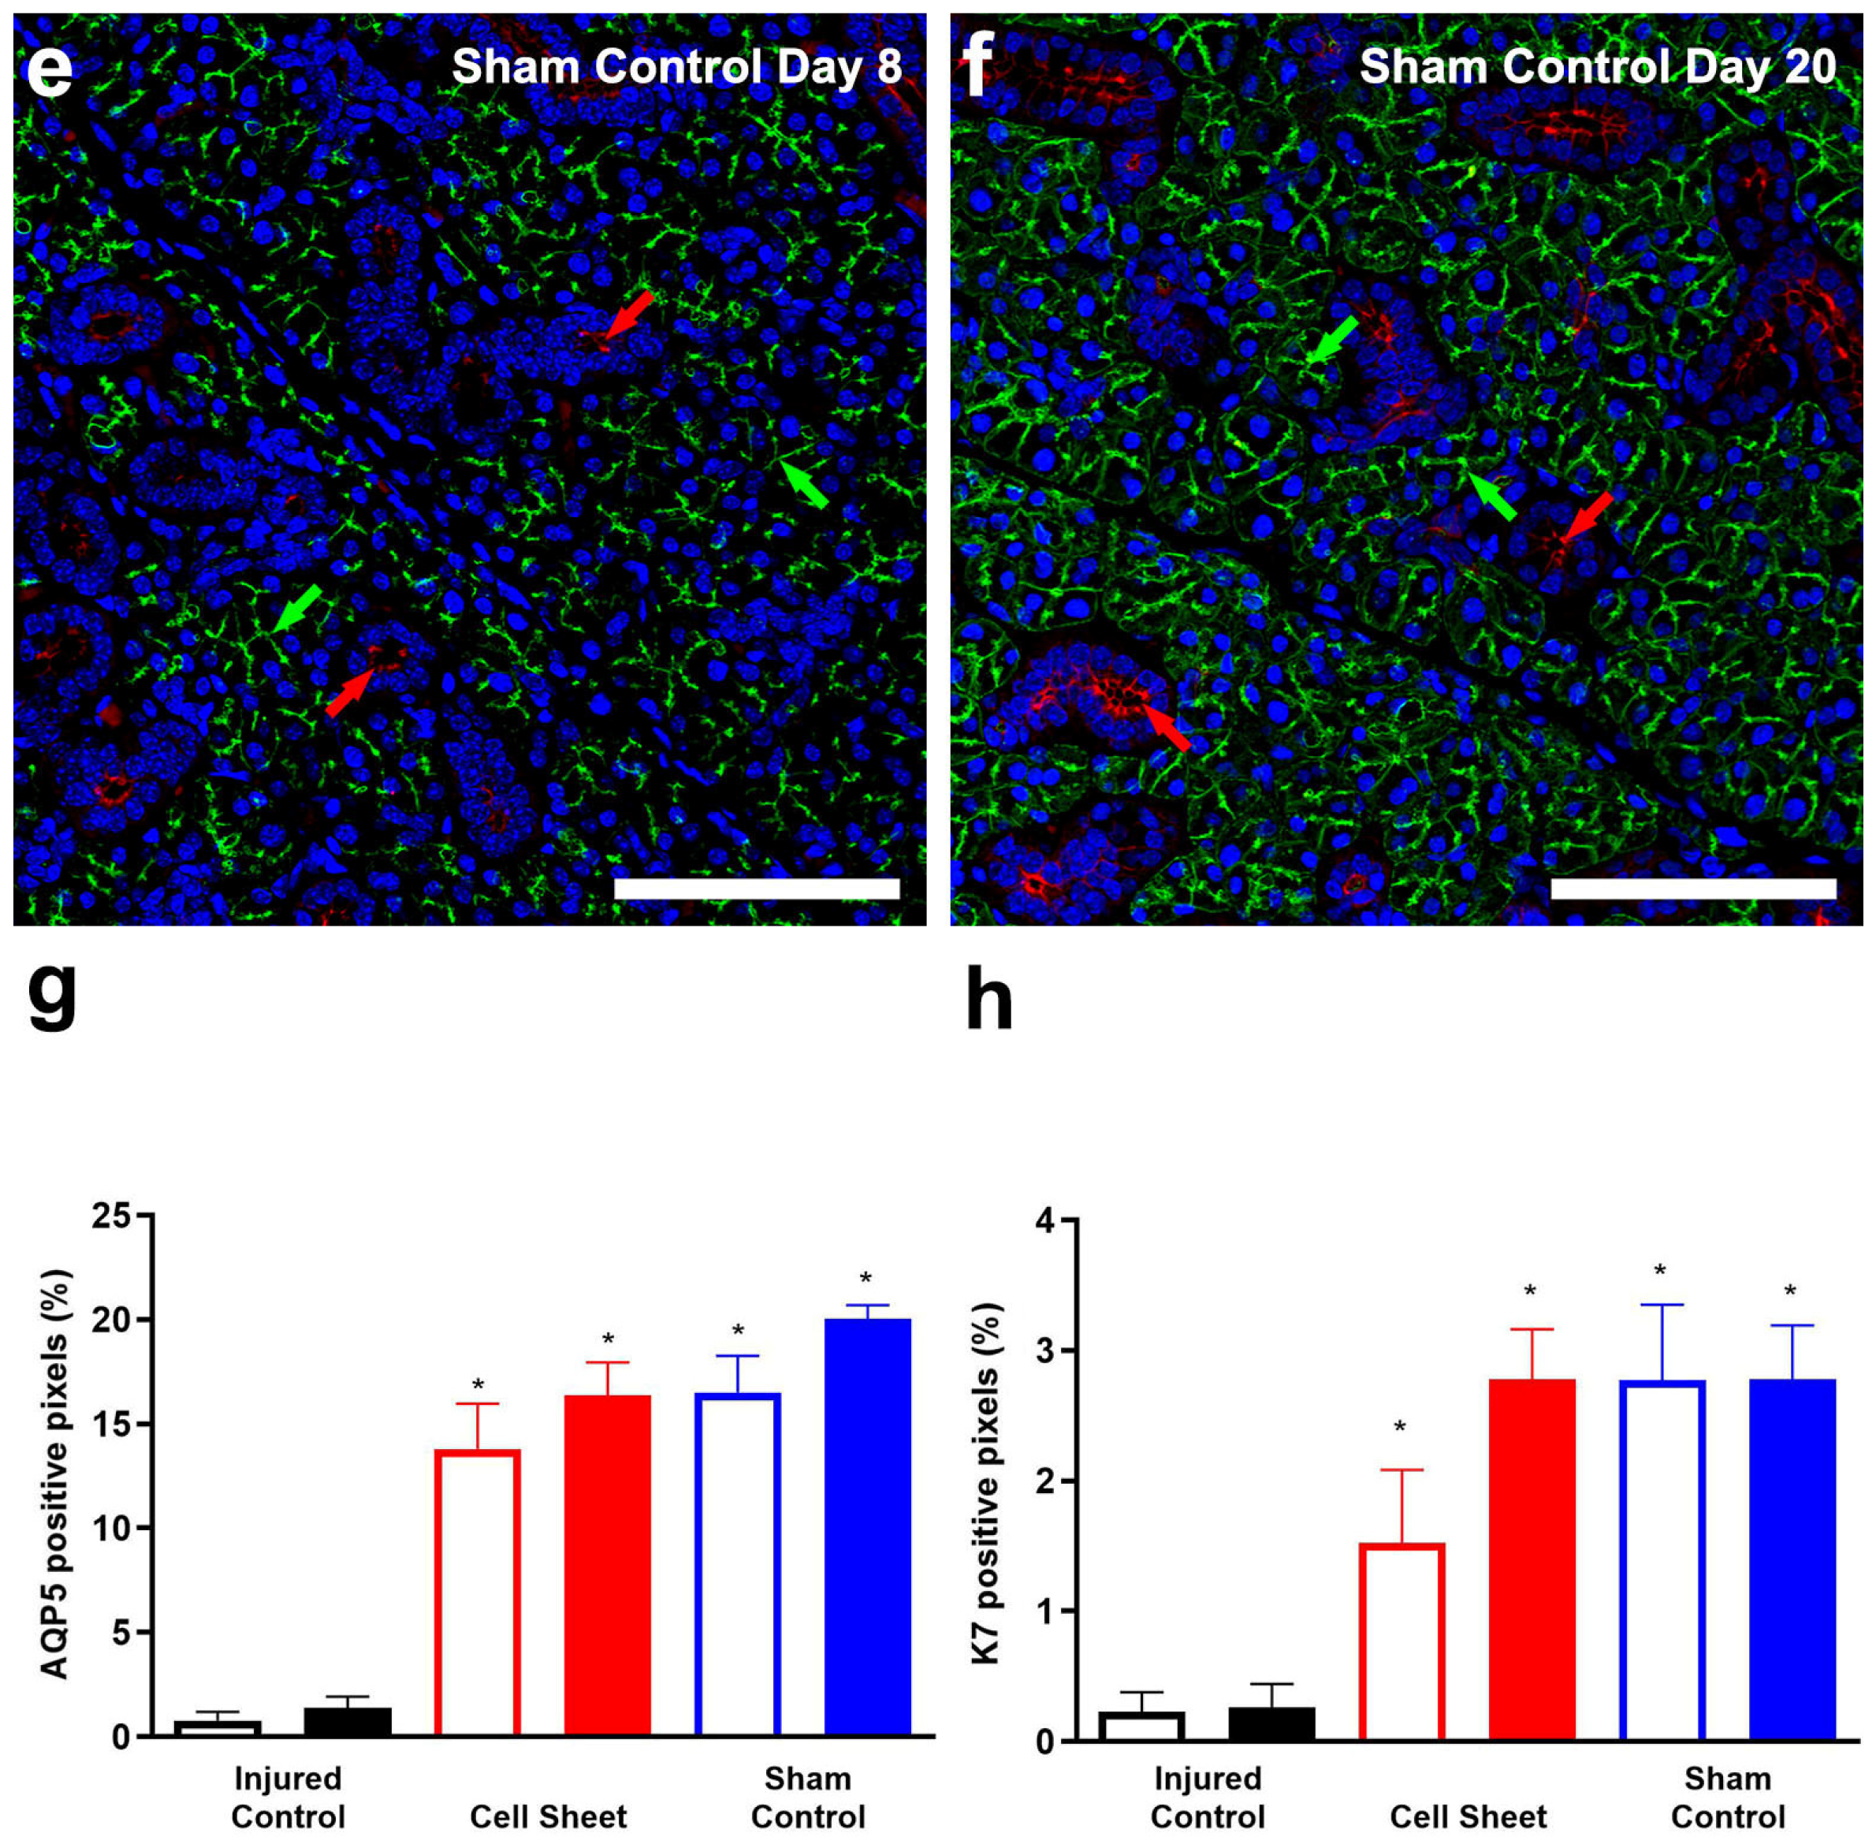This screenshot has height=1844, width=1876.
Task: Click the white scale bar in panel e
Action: pyautogui.click(x=757, y=888)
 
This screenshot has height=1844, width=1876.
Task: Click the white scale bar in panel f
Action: pyautogui.click(x=1693, y=888)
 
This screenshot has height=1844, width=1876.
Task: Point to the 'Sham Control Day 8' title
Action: pyautogui.click(x=676, y=67)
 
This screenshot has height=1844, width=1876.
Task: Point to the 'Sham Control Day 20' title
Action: pyautogui.click(x=1597, y=67)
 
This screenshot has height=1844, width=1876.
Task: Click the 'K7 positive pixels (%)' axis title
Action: pyautogui.click(x=986, y=1483)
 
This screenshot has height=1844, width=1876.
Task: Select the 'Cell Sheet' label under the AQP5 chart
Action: pyautogui.click(x=548, y=1816)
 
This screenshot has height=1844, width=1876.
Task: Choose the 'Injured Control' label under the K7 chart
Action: pyautogui.click(x=1207, y=1797)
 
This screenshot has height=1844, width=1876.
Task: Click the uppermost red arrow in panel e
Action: pyautogui.click(x=625, y=315)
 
